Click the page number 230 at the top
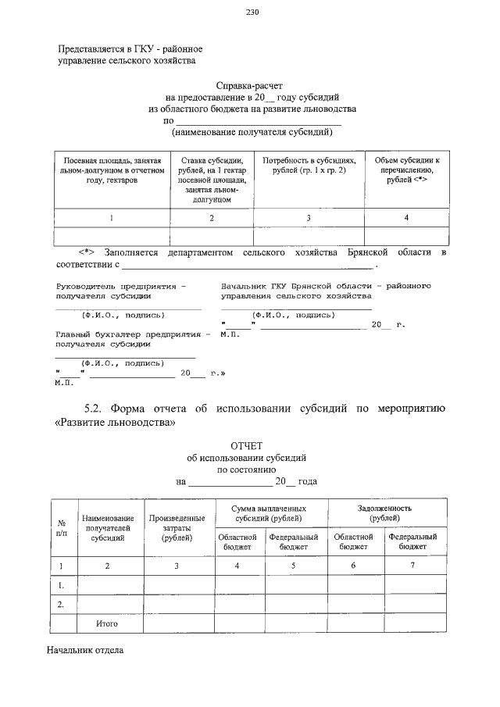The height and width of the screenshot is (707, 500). click(x=252, y=12)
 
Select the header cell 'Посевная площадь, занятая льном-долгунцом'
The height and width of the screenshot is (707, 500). click(x=112, y=170)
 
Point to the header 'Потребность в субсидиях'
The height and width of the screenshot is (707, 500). click(x=309, y=165)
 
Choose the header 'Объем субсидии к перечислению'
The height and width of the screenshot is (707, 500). click(x=406, y=170)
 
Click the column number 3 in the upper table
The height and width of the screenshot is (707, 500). click(x=309, y=218)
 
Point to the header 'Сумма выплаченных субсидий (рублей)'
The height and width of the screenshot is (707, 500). click(x=270, y=512)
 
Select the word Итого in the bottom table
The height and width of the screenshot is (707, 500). click(x=107, y=624)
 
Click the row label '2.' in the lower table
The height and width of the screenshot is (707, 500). click(x=61, y=604)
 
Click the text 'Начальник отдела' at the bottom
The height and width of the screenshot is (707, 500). click(x=85, y=650)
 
